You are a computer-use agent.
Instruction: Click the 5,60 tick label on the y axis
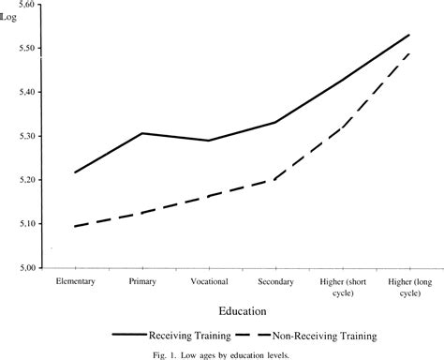pos(26,5)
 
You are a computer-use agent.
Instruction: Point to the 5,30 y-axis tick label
pos(26,136)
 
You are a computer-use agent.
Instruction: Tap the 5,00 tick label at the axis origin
pos(26,268)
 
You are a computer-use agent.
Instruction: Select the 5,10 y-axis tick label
pos(26,224)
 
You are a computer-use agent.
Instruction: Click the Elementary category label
pos(76,281)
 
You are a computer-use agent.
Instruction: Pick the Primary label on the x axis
pos(142,281)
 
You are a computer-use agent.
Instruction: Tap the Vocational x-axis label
pos(209,281)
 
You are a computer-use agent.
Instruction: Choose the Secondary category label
pos(275,282)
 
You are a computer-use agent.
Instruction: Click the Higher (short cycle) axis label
pos(343,288)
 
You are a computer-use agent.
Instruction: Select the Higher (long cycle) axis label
pos(410,288)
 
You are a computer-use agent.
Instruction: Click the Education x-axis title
pos(243,311)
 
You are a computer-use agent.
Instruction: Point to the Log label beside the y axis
pos(8,17)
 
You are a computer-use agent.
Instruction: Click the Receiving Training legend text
pos(190,336)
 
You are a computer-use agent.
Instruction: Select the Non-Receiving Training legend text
pos(325,336)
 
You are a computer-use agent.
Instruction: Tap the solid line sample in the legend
pos(129,335)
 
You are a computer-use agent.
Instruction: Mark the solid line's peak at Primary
pos(142,133)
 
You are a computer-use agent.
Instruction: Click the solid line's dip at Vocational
pos(209,141)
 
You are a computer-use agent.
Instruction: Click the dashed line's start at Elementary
pos(75,226)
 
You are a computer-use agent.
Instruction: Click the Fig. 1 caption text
pos(221,355)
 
